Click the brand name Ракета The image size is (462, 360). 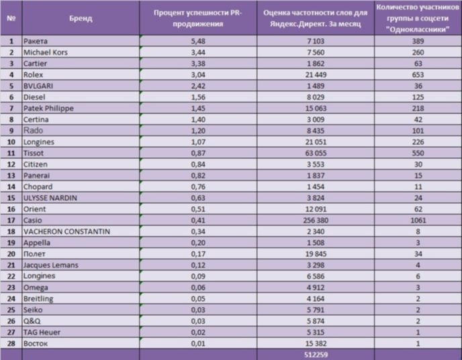pos(33,41)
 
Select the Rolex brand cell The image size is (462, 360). pos(33,75)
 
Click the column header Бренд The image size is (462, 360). pos(81,18)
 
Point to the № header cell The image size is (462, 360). pos(11,18)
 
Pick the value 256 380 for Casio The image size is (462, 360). pos(314,220)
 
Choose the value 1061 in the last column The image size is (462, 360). pos(418,220)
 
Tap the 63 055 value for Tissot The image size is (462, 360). pos(314,153)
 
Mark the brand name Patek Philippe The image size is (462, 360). pos(48,108)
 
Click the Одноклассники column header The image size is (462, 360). pos(418,18)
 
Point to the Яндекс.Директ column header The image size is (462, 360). pos(314,18)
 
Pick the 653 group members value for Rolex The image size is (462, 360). pos(418,75)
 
